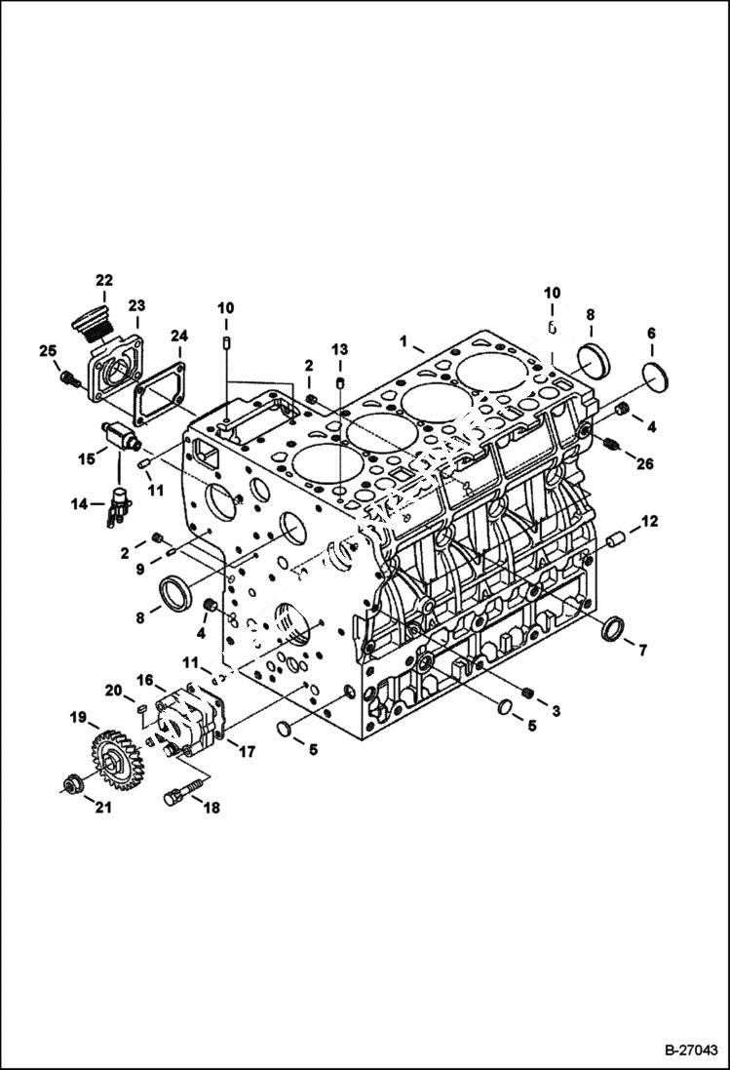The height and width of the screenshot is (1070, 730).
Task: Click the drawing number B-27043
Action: (x=691, y=1050)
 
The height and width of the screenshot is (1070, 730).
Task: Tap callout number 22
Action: (x=104, y=281)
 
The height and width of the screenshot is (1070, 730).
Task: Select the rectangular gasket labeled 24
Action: (x=161, y=399)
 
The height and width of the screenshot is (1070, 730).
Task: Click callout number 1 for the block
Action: (x=403, y=340)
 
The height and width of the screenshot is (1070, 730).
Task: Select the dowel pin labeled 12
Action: (x=613, y=538)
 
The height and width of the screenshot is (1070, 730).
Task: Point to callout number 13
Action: (x=338, y=349)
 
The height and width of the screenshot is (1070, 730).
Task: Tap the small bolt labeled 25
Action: (x=68, y=378)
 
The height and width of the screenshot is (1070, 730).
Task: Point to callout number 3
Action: (x=555, y=712)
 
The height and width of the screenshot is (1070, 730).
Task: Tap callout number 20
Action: (x=113, y=691)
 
